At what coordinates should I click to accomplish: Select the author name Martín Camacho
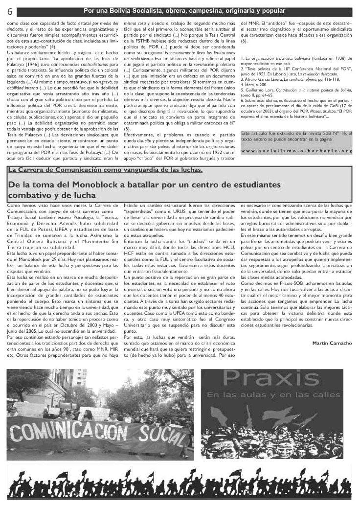tap(332, 343)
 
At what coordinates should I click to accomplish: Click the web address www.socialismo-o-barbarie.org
tap(296, 151)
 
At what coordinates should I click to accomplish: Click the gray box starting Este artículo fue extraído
tap(296, 142)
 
